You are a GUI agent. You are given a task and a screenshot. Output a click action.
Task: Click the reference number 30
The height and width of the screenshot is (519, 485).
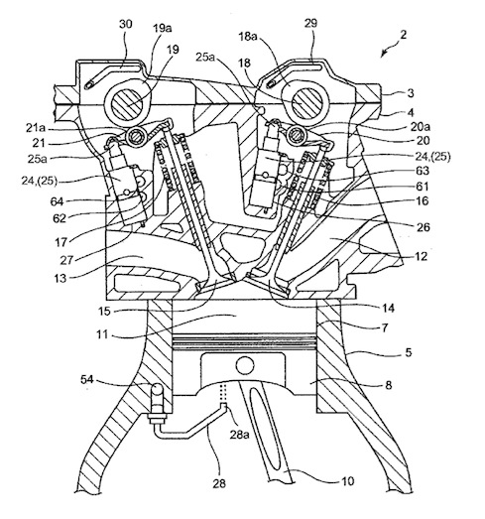(x=125, y=24)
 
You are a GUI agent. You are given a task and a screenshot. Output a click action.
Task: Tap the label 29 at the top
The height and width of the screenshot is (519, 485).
(x=310, y=23)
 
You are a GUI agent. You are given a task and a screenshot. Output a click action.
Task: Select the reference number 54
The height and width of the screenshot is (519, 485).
(x=87, y=379)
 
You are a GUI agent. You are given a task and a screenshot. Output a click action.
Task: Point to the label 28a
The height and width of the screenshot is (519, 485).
(x=239, y=434)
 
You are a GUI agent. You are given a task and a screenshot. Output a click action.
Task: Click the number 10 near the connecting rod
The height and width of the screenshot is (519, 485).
(x=347, y=480)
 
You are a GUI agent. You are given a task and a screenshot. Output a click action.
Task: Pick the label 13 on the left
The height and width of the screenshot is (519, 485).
(x=61, y=278)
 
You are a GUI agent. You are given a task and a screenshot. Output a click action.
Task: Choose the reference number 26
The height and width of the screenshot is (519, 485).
(x=423, y=227)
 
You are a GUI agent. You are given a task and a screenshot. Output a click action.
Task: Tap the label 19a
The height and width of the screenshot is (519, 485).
(x=162, y=28)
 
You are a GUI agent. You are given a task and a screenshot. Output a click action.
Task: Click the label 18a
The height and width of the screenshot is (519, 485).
(x=248, y=37)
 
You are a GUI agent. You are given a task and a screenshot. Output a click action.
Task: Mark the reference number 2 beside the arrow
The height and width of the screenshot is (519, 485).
(x=403, y=35)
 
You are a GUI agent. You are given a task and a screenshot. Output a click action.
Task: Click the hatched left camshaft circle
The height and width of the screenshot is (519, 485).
(x=127, y=105)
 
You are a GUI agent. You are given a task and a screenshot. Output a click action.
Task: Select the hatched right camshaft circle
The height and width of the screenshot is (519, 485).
(x=306, y=103)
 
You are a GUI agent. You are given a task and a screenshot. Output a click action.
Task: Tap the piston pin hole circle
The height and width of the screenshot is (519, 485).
(x=245, y=366)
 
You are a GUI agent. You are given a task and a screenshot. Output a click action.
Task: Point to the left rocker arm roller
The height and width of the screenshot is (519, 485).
(x=136, y=137)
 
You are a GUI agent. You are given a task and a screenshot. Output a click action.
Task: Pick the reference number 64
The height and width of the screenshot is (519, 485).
(x=57, y=200)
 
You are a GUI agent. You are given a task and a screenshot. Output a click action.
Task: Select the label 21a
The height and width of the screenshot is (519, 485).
(x=36, y=128)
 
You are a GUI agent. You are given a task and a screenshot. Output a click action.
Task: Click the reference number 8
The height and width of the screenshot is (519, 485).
(x=388, y=385)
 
